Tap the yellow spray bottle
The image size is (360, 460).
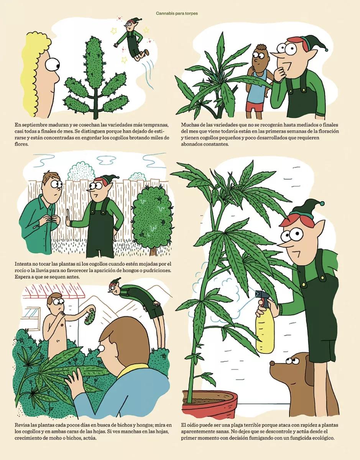pyautogui.click(x=265, y=330)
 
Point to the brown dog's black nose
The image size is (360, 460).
pyautogui.click(x=272, y=362)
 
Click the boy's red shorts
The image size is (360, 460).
pyautogui.click(x=254, y=107)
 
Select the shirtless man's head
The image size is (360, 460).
pyautogui.click(x=56, y=302)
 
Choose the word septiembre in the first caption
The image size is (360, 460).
pyautogui.click(x=36, y=125)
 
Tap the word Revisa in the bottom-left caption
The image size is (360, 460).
pyautogui.click(x=23, y=425)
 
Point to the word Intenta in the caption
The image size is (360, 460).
pyautogui.click(x=24, y=264)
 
